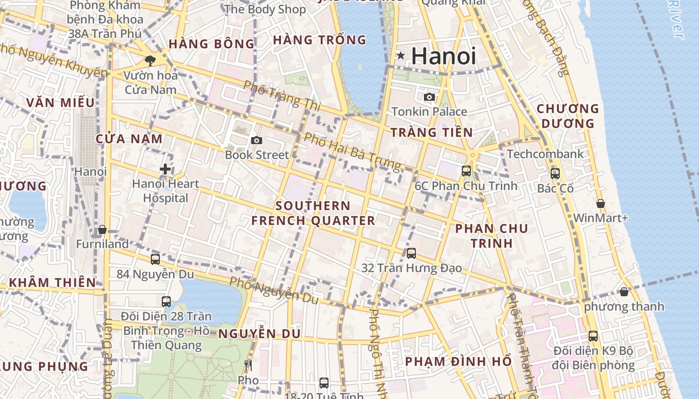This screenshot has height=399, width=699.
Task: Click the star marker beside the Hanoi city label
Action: [x=400, y=56]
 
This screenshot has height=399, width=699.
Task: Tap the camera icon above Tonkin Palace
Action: [x=429, y=97]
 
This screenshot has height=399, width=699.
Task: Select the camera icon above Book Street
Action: [x=257, y=141]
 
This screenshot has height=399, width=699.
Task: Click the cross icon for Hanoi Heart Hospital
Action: [x=165, y=169]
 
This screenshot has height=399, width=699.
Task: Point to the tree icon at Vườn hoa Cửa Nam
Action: [x=149, y=61]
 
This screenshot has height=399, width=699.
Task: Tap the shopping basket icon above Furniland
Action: [x=102, y=229]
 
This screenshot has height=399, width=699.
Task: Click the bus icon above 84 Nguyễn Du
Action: [x=155, y=259]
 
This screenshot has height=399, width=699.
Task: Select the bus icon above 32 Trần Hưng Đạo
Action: [x=411, y=253]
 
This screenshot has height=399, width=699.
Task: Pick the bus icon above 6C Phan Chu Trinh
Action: [x=466, y=171]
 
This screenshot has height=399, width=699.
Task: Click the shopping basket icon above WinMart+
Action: [x=601, y=203]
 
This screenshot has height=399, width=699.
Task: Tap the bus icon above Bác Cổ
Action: [x=555, y=174]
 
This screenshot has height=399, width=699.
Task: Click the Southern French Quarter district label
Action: [x=313, y=213]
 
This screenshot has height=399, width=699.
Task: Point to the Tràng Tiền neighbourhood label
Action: [x=431, y=132]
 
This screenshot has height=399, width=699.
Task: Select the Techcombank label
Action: [x=545, y=154]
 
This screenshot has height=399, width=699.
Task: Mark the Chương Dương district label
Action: [x=568, y=116]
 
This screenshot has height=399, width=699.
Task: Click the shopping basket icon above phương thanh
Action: [x=624, y=292]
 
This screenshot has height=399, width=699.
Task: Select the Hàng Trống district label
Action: [x=320, y=40]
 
